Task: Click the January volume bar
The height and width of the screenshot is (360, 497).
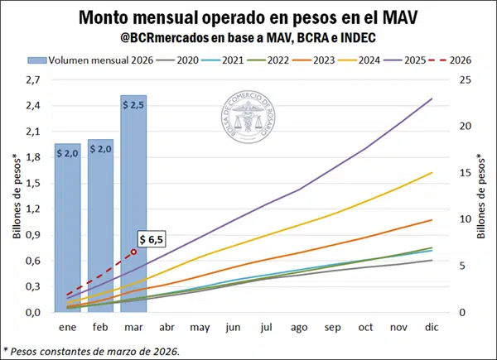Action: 68,228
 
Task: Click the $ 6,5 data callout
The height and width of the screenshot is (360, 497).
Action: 151,239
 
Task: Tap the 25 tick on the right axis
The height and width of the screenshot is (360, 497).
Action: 465,79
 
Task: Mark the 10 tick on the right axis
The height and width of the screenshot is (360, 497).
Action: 465,219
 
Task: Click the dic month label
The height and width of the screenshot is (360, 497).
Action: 431,327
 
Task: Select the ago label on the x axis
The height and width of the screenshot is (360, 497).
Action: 297,327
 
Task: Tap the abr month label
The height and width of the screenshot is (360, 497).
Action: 166,327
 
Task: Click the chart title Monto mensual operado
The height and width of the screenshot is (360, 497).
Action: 248,17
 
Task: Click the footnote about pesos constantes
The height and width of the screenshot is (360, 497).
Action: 91,350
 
